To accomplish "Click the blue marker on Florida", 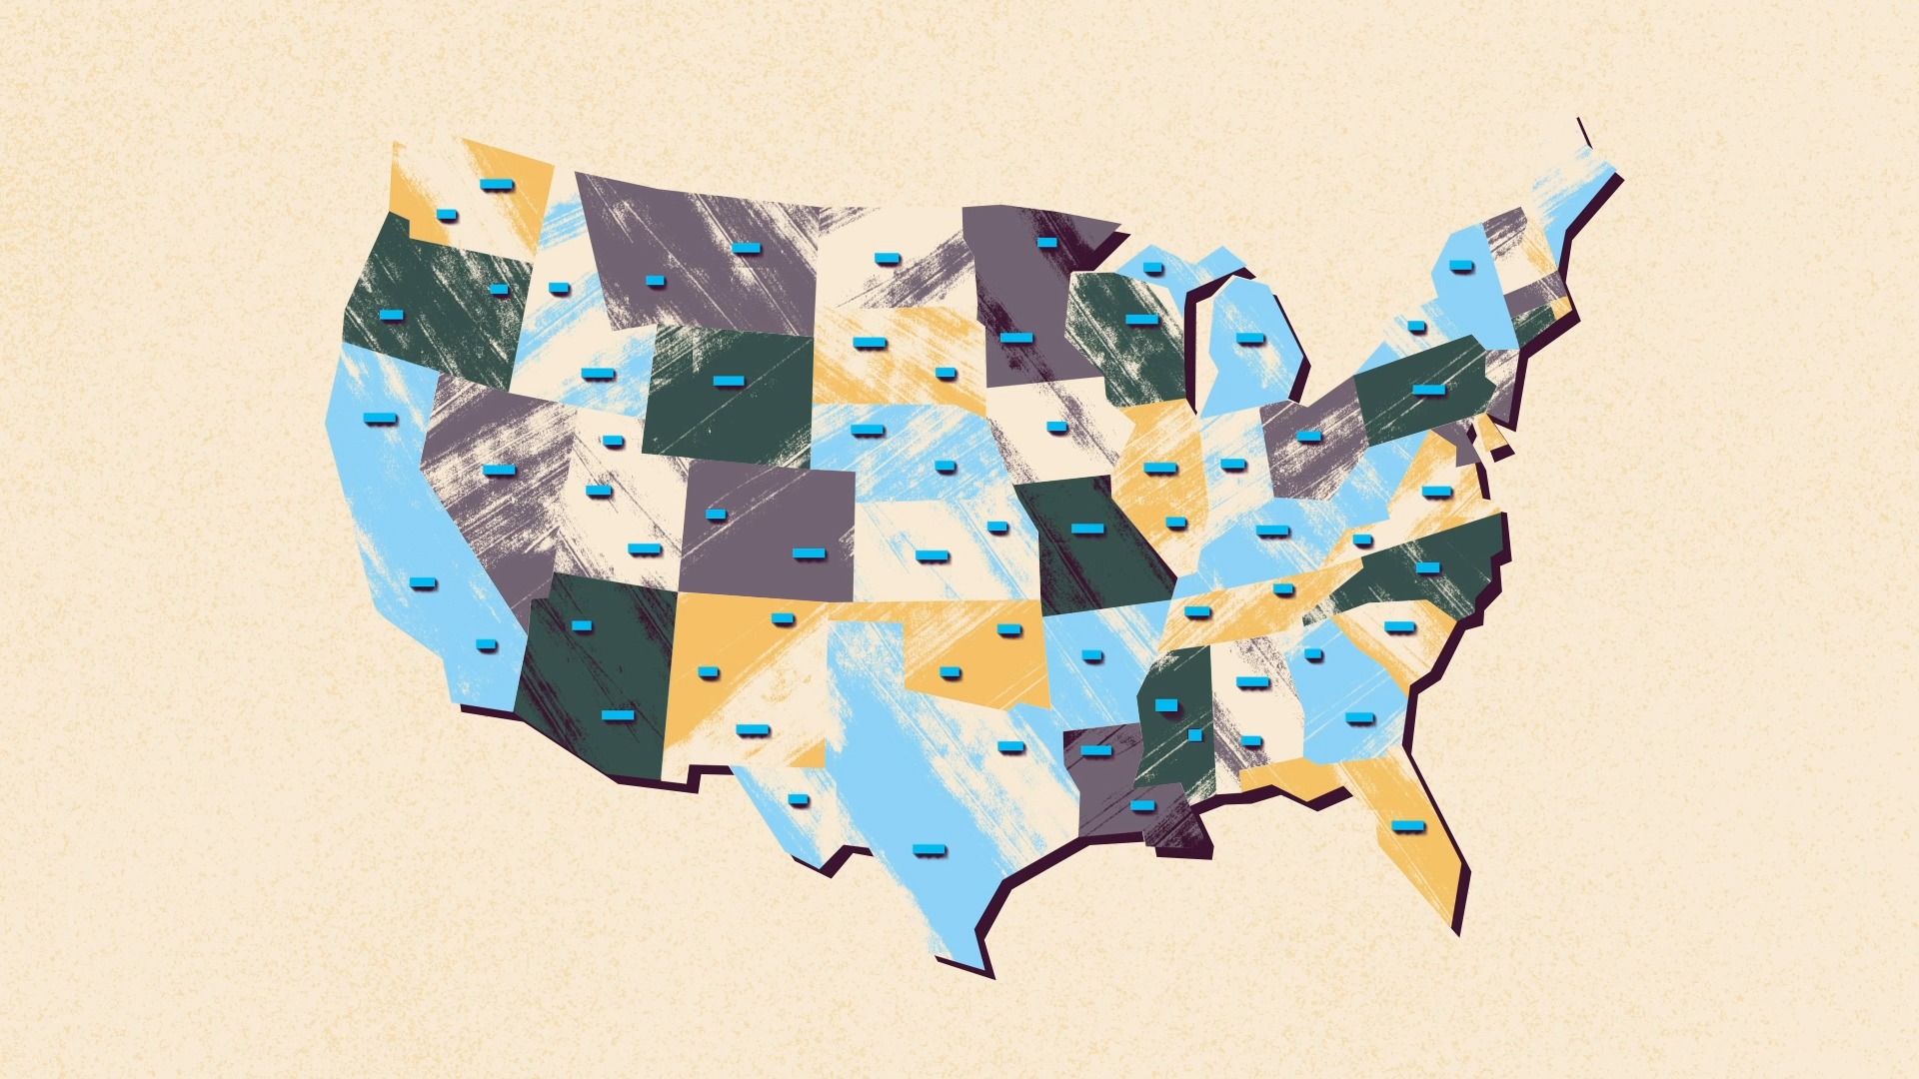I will [x=1407, y=825].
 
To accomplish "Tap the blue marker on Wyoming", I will [x=728, y=381].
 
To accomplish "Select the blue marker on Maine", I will [x=1460, y=266].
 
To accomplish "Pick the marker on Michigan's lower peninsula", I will [x=1249, y=339].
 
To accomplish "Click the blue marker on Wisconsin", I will [x=1140, y=320].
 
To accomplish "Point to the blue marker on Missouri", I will [x=1087, y=529].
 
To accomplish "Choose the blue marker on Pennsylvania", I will [x=1428, y=389].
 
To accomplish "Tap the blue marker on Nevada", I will [x=498, y=470].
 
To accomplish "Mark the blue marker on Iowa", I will [x=1056, y=427].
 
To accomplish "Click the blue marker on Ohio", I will [x=1308, y=436].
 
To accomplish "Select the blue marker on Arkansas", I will [x=1091, y=655].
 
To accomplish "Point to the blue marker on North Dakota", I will [x=887, y=259].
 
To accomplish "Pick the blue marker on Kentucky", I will [x=1272, y=531].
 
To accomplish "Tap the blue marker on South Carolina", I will [x=1399, y=627].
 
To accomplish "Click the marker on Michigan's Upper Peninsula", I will [x=1152, y=268].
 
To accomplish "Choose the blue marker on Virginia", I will [x=1436, y=492].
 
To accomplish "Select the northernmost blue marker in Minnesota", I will [x=1046, y=242].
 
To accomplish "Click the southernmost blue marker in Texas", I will [x=929, y=850].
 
